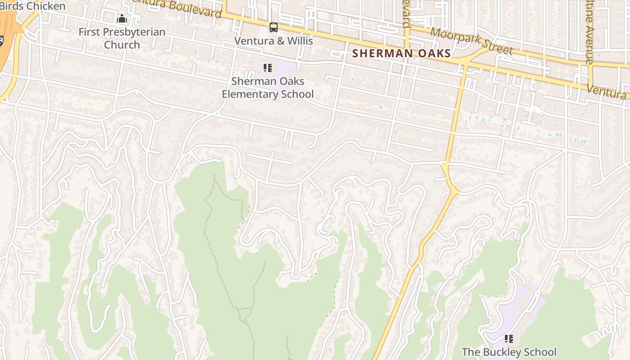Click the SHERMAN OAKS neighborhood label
(x=401, y=54)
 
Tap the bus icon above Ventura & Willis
(x=274, y=27)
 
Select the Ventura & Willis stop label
(x=274, y=41)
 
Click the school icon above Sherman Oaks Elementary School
(x=268, y=68)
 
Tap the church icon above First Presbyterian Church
(x=122, y=19)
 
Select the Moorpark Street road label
(x=472, y=41)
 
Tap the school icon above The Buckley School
(x=509, y=339)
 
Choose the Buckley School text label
(x=509, y=352)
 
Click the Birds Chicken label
(x=32, y=6)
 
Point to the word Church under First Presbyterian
(x=122, y=45)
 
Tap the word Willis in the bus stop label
(x=299, y=41)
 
